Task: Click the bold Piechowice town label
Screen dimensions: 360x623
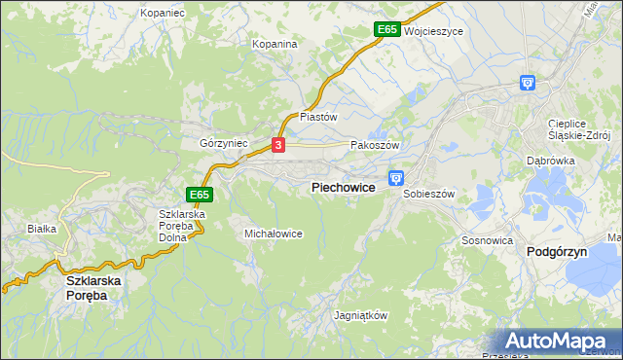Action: click(x=343, y=187)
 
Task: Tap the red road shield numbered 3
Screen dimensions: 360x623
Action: click(x=278, y=145)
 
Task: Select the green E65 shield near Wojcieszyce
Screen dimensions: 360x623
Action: click(x=386, y=30)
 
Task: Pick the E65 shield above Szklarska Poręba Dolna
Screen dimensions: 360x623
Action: click(x=201, y=195)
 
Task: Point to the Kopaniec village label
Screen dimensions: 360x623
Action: click(x=162, y=13)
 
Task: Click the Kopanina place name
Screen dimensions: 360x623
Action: click(x=274, y=44)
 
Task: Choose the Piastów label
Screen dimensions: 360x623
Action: click(x=318, y=116)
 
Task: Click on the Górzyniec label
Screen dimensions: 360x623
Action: click(x=224, y=143)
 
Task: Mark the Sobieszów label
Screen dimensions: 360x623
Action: click(x=429, y=194)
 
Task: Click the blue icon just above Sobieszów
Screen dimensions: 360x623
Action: click(x=396, y=177)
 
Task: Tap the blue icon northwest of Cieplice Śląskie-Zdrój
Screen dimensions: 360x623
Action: click(x=528, y=84)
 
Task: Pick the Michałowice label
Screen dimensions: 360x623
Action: click(x=273, y=234)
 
